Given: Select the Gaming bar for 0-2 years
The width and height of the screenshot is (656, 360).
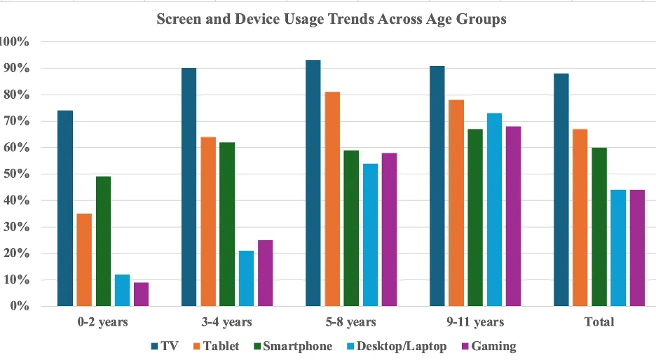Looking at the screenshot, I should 141,294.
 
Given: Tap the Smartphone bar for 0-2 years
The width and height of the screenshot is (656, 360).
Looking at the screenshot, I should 103,241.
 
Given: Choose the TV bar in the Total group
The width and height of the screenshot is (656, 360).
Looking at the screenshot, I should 561,190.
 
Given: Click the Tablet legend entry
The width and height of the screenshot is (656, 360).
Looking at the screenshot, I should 215,346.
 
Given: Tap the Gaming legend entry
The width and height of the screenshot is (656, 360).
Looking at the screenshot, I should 488,346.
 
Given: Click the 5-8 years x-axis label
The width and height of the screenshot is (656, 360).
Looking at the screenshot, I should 351,322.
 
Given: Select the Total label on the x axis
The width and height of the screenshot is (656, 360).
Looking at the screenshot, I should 599,322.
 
